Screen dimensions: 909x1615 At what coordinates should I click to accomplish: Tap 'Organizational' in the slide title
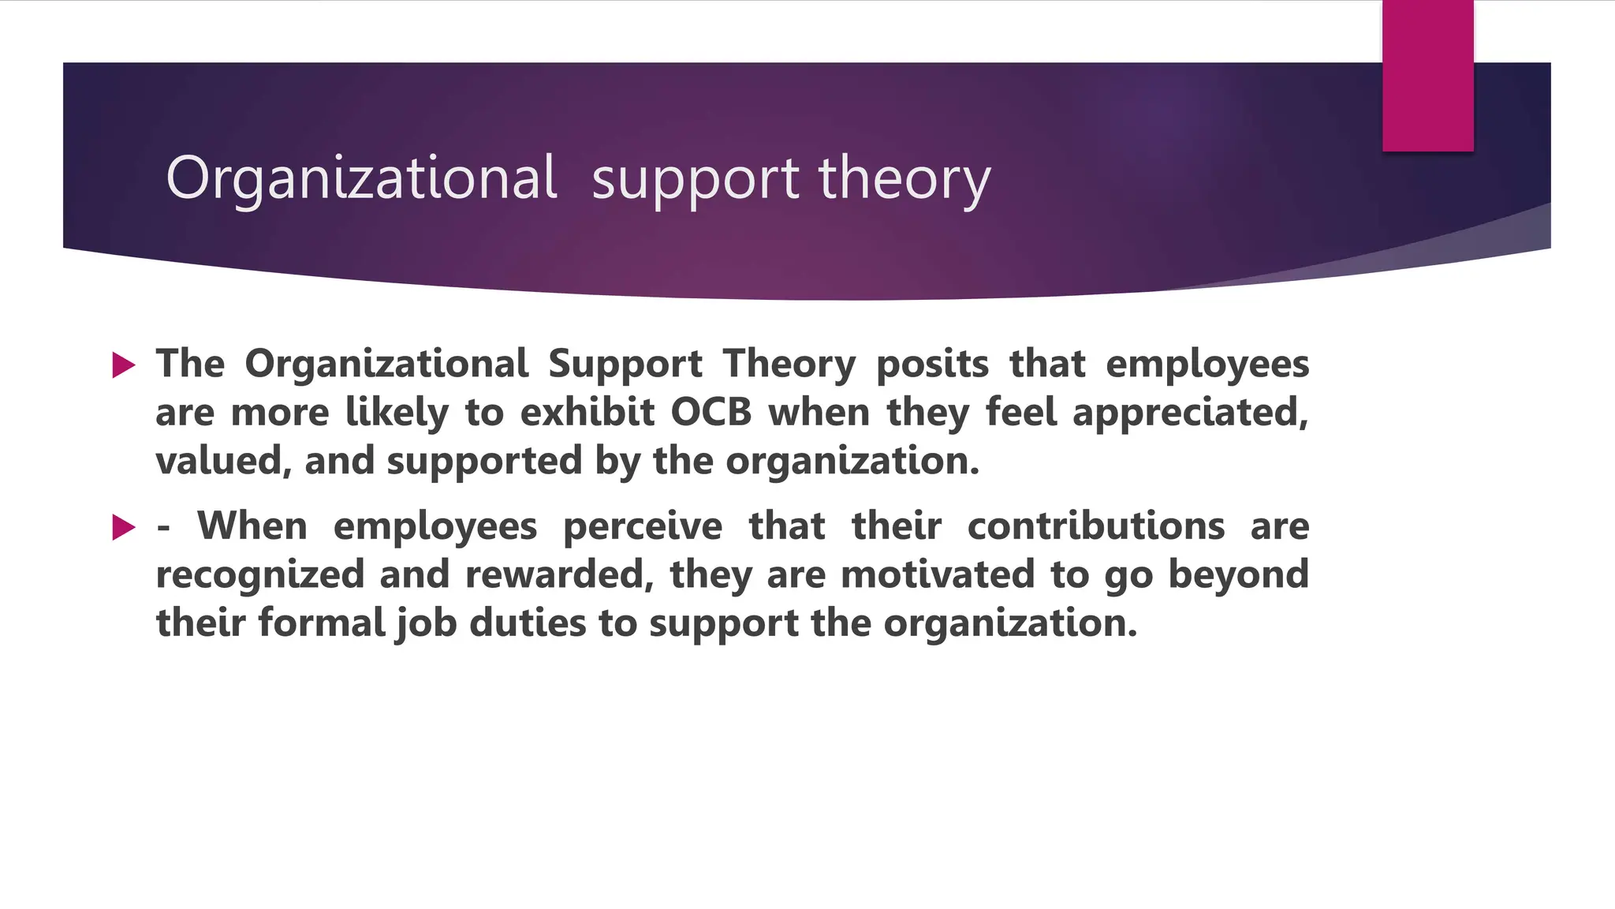click(x=362, y=178)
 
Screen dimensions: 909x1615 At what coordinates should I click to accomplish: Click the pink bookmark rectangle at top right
click(x=1427, y=76)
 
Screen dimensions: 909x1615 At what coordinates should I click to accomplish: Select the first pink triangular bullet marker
click(x=124, y=365)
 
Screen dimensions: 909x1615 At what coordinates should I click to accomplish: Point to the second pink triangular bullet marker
click(x=124, y=527)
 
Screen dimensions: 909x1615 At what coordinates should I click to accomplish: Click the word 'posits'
click(x=932, y=365)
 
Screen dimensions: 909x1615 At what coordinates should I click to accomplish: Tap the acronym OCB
click(x=711, y=413)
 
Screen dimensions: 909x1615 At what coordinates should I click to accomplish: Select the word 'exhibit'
click(x=587, y=413)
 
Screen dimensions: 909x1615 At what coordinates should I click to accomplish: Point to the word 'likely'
click(x=397, y=413)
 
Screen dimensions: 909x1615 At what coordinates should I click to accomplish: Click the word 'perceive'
click(x=643, y=526)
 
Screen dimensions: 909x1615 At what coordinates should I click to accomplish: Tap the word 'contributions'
click(x=1096, y=526)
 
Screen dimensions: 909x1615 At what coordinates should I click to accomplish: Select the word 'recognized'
click(x=259, y=574)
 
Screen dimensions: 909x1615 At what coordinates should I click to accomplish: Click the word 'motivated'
click(x=938, y=574)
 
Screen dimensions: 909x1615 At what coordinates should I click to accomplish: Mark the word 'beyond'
click(x=1238, y=574)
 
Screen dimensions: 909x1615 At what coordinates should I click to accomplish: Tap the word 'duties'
click(x=528, y=623)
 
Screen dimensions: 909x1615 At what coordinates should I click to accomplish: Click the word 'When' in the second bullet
click(x=252, y=526)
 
